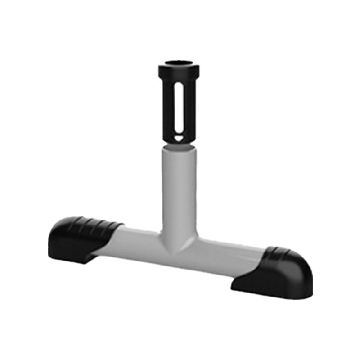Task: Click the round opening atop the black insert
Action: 178,63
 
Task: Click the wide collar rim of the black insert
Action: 178,71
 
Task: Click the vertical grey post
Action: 179,189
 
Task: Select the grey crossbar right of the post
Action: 225,256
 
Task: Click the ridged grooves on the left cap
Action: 97,224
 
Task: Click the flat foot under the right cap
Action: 252,286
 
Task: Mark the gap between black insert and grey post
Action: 179,145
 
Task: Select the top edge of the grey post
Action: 179,150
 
